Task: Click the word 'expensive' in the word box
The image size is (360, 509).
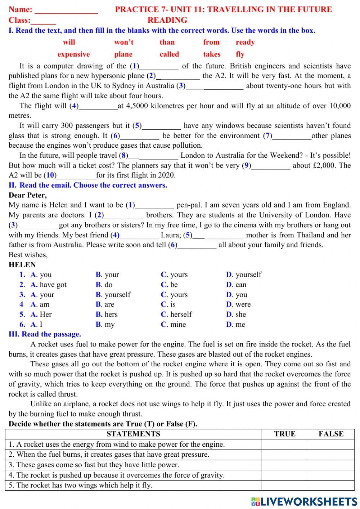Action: pyautogui.click(x=73, y=54)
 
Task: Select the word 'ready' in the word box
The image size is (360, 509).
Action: pyautogui.click(x=245, y=43)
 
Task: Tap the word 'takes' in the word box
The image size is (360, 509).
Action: pyautogui.click(x=212, y=54)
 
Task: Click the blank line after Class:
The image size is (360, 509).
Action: pyautogui.click(x=44, y=21)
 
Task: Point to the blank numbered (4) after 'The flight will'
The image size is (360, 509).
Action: pyautogui.click(x=98, y=107)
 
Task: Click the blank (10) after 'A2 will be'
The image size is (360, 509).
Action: pyautogui.click(x=76, y=176)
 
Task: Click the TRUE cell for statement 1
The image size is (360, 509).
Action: pyautogui.click(x=284, y=445)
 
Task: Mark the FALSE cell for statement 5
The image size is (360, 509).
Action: pyautogui.click(x=331, y=486)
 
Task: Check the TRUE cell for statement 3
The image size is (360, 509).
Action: pyautogui.click(x=284, y=465)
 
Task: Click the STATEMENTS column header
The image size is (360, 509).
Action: pyautogui.click(x=133, y=434)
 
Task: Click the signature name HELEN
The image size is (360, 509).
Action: pyautogui.click(x=22, y=265)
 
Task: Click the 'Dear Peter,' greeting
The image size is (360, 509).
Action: pyautogui.click(x=28, y=195)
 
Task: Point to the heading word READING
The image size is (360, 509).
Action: pyautogui.click(x=167, y=21)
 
